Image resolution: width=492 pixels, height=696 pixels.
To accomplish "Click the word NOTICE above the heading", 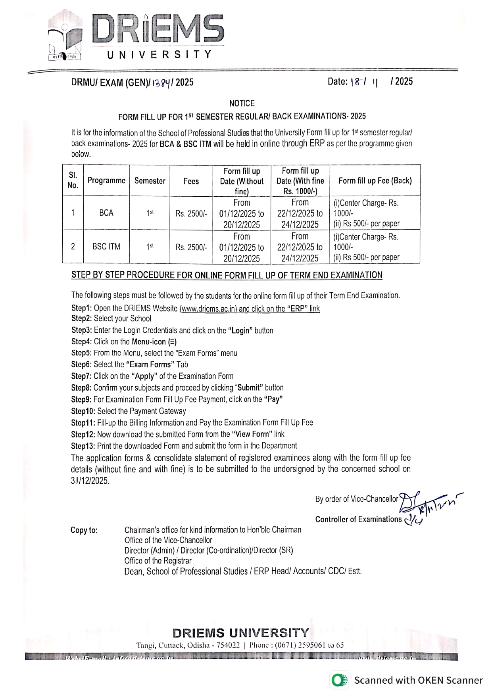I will pos(242,104).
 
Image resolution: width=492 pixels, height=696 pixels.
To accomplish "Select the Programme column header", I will pos(106,180).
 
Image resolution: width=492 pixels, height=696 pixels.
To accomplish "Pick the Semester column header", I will pos(150,181).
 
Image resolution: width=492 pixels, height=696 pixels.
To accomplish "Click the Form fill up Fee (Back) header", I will pos(375,181).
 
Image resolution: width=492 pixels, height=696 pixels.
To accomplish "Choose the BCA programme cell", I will pos(106,213).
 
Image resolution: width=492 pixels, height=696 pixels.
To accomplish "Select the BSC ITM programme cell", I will pos(106,247).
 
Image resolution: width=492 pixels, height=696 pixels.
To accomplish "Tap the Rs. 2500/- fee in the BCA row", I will pos(191,214).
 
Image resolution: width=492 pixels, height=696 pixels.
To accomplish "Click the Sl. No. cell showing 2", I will pos(73,247).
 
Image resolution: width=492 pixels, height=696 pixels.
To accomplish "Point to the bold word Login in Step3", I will pos(240,330).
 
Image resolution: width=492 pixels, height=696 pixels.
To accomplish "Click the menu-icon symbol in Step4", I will pos(172,342).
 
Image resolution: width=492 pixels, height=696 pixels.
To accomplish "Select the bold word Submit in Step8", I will pos(248,388).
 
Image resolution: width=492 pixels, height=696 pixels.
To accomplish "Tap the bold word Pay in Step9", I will pos(273,399).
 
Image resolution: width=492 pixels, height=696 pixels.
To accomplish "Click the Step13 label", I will pos(83,446).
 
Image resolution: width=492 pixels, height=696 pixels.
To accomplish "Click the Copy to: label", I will pos(84,530).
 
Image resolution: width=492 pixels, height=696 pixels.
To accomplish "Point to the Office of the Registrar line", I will pos(158,561).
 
